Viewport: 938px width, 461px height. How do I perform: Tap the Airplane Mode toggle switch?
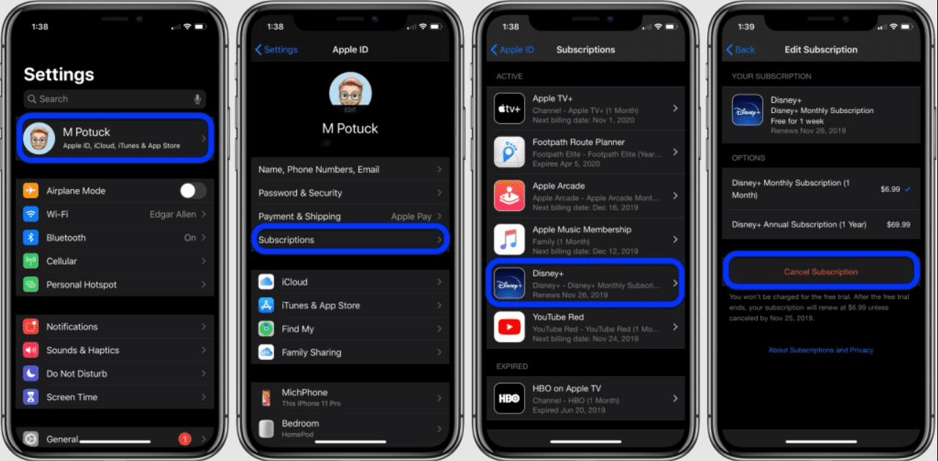[193, 191]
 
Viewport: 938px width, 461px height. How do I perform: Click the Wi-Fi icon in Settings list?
[31, 214]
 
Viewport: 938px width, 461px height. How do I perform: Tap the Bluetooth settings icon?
[31, 237]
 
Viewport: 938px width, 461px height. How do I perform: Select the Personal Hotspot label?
[81, 284]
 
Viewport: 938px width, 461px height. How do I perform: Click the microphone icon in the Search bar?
[197, 99]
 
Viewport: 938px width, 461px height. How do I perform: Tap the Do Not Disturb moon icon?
[31, 374]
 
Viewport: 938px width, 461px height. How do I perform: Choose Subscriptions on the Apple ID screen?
[287, 240]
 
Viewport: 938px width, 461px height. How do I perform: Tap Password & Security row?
[300, 193]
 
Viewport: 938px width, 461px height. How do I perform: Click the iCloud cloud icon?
[266, 282]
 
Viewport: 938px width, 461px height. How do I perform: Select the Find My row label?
[298, 329]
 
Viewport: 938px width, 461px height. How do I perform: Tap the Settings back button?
[276, 50]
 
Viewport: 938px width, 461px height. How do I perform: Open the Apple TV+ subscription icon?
[509, 108]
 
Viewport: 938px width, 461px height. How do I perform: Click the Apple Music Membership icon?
[509, 240]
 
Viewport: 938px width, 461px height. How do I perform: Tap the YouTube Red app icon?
[509, 327]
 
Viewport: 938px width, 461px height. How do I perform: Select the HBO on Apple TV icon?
[509, 398]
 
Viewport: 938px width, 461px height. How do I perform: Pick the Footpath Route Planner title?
[579, 142]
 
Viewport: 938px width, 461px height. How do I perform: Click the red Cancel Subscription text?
[821, 272]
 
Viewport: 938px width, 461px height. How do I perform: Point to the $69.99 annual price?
[898, 225]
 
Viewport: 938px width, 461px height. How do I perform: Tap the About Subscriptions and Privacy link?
[821, 350]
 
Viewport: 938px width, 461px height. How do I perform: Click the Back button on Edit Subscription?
[741, 50]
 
